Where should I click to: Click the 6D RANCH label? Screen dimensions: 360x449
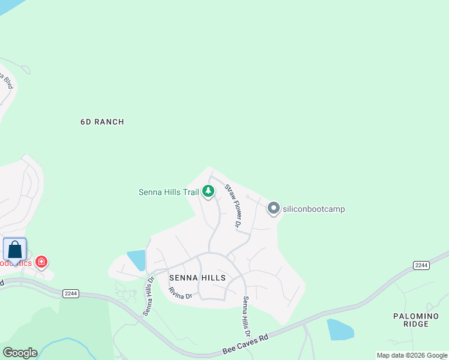tap(102, 122)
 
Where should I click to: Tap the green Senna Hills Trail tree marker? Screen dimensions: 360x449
tap(208, 191)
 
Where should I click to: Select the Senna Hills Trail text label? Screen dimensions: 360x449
tap(168, 192)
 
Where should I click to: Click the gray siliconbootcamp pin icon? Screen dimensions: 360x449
tap(274, 208)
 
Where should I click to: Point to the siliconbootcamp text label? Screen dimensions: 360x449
tap(313, 209)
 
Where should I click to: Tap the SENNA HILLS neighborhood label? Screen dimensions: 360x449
tap(197, 278)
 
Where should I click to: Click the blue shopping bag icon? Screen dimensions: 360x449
tap(14, 250)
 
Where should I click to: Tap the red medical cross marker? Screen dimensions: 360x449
tap(41, 262)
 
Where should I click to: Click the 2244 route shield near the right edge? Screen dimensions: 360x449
tap(421, 265)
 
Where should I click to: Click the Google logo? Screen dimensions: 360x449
tap(20, 353)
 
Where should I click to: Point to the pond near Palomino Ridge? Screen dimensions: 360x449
tap(340, 330)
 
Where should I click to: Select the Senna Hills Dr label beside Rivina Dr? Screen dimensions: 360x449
tap(148, 296)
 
